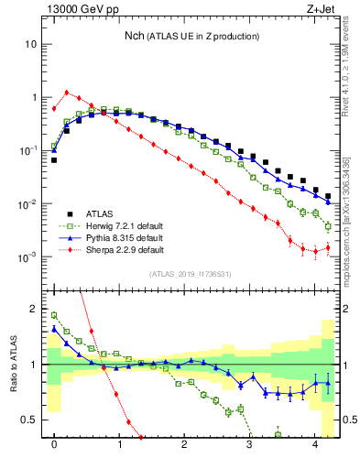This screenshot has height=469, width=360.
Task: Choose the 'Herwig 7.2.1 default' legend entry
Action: click(114, 224)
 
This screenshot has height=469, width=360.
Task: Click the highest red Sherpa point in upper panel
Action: click(67, 92)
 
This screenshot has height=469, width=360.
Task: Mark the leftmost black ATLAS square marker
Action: click(54, 160)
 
